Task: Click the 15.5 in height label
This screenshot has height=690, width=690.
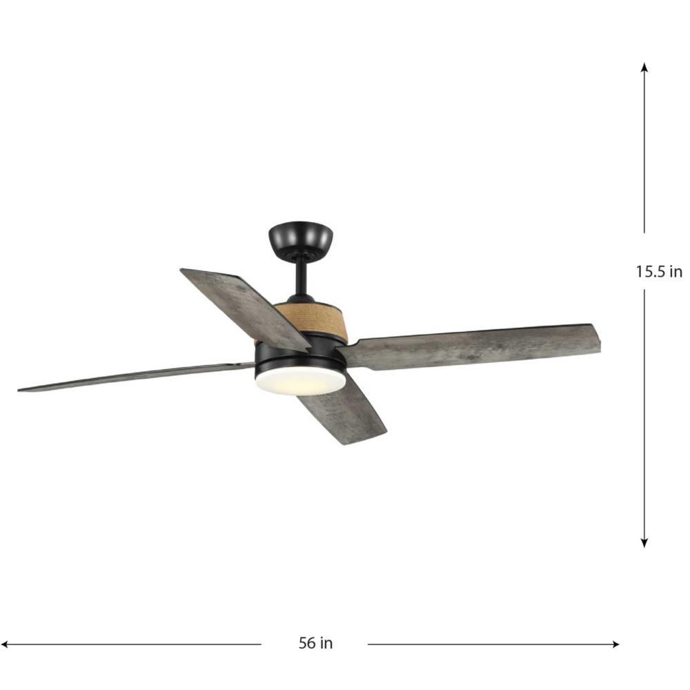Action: (x=659, y=271)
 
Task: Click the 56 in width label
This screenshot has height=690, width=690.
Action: (x=315, y=643)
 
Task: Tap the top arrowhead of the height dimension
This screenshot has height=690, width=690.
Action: (x=644, y=66)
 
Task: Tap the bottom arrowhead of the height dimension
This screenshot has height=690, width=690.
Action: (x=644, y=543)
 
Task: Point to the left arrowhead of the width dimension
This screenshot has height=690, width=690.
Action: (x=6, y=644)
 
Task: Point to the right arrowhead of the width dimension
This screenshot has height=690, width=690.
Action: (x=615, y=644)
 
